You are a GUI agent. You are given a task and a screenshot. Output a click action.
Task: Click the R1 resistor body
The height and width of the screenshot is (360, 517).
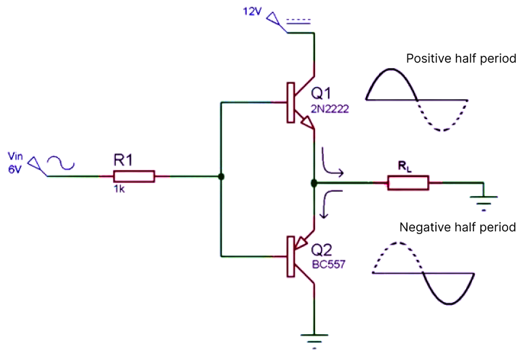coord(134,177)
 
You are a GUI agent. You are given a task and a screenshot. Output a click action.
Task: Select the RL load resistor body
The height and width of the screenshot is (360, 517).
coord(408,182)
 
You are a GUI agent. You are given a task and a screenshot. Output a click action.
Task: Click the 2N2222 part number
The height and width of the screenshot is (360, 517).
coord(329,107)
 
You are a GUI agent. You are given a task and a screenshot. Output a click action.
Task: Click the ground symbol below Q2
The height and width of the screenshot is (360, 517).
coord(314,337)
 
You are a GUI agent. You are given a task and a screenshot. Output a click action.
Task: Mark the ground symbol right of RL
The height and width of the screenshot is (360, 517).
coord(484,199)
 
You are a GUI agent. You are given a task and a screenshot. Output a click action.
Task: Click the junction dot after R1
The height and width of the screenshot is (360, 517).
coord(221,177)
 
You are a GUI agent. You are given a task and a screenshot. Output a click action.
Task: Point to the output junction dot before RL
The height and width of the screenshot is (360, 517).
coord(314,183)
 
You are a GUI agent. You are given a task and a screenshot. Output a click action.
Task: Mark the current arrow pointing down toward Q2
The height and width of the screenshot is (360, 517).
coord(328,203)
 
